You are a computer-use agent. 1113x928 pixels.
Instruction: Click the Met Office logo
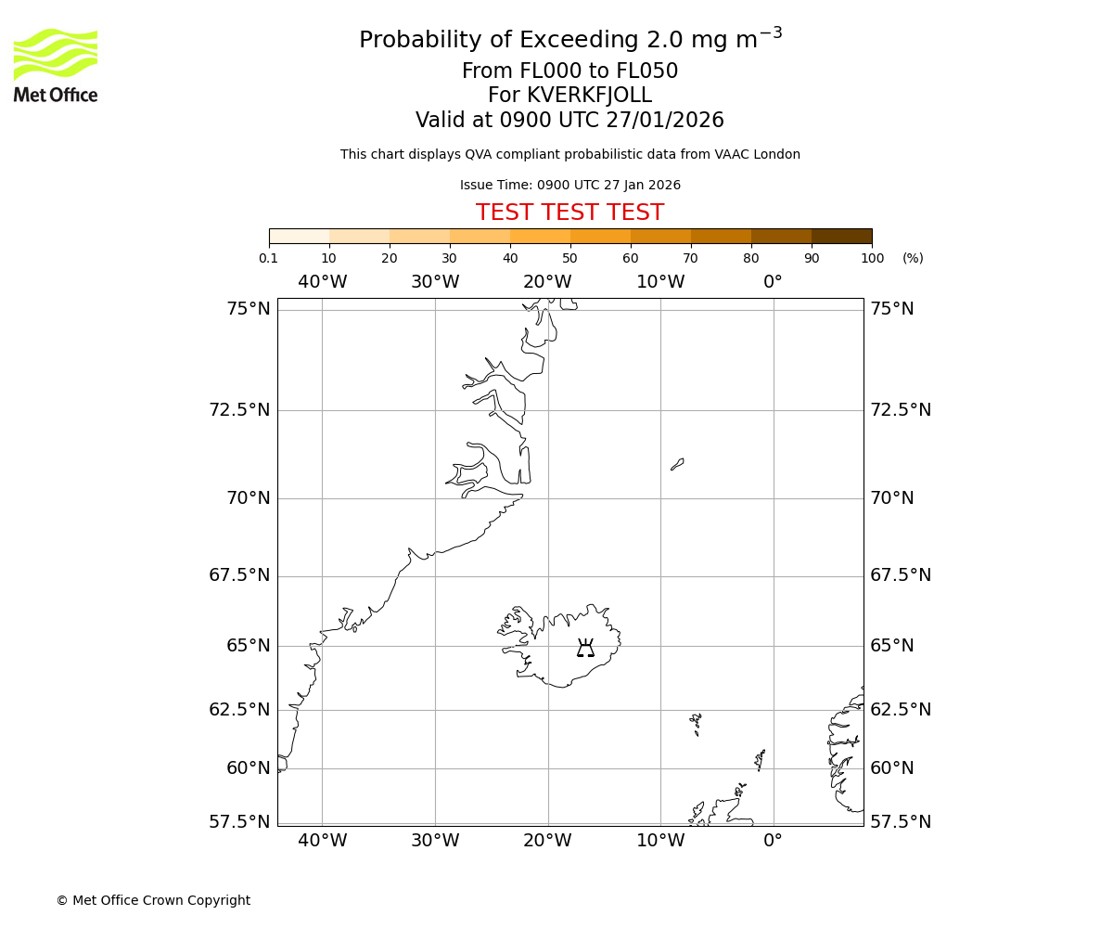point(56,65)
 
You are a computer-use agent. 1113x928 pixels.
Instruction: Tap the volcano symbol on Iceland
point(585,648)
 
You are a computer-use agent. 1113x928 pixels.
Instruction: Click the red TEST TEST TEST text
point(569,213)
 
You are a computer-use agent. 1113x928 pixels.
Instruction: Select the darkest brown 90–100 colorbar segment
point(841,236)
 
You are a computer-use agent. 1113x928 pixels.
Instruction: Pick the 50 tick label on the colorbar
point(569,259)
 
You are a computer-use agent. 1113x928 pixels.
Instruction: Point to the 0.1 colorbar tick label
point(268,259)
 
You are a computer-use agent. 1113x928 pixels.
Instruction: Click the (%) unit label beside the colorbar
point(913,259)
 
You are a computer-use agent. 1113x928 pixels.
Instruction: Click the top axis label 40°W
point(322,282)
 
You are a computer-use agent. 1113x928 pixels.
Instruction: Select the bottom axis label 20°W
point(547,841)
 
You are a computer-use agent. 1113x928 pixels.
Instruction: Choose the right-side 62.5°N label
point(900,710)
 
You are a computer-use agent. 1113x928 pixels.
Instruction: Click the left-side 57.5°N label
point(239,822)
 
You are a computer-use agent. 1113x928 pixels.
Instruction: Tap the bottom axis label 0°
point(773,841)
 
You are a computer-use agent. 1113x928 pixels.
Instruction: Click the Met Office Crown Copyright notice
point(153,901)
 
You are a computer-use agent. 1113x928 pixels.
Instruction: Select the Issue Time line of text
point(569,186)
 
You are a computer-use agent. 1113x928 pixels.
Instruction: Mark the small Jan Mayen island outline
point(677,464)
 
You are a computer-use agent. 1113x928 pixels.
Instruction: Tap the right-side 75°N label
point(891,309)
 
